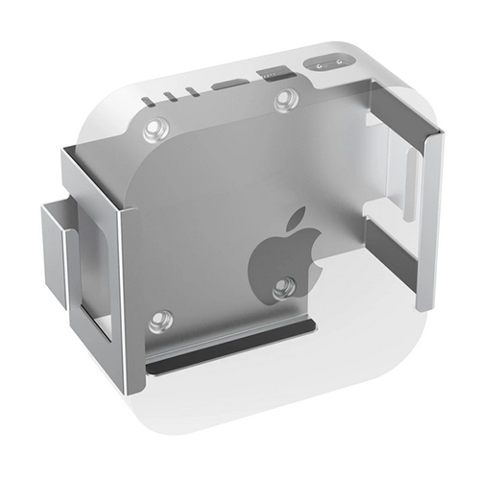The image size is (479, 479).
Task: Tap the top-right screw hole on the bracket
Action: click(285, 99)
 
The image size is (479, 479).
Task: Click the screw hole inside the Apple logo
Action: click(282, 286)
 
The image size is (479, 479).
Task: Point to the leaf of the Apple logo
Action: click(296, 217)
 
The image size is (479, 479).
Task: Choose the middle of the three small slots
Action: click(171, 96)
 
